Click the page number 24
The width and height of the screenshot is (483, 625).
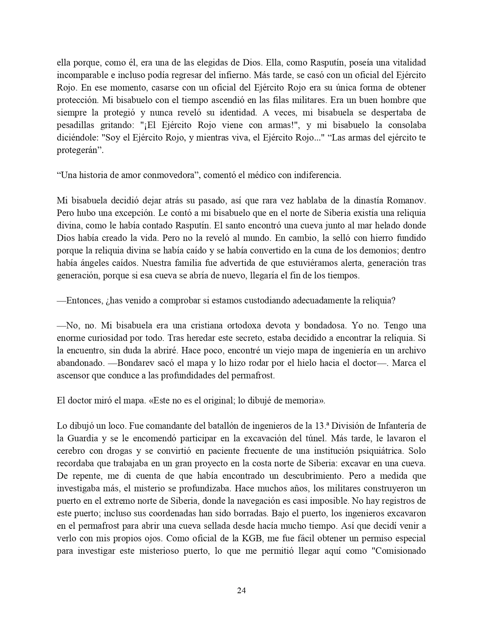click(241, 590)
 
